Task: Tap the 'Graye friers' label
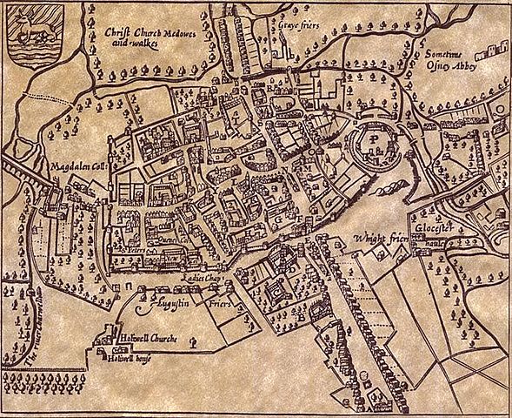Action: click(299, 27)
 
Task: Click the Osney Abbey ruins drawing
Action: click(494, 34)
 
